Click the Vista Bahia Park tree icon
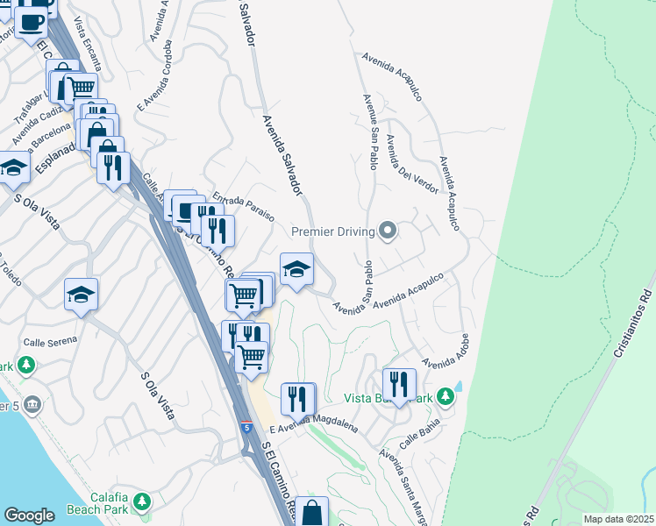click(x=446, y=397)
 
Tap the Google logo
click(x=29, y=515)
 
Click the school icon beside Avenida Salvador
click(x=296, y=269)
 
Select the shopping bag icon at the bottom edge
click(x=311, y=511)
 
